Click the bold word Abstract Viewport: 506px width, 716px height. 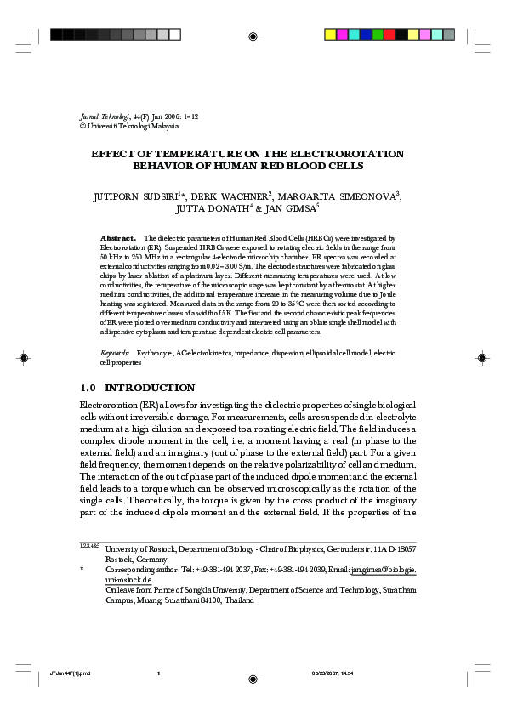tap(118, 238)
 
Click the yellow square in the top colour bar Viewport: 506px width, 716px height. tap(331, 35)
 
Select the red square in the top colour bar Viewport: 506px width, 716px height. tap(389, 35)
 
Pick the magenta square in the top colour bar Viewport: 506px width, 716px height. tap(343, 35)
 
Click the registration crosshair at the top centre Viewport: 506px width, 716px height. tap(253, 35)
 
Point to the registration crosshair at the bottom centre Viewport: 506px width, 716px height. tap(253, 678)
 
